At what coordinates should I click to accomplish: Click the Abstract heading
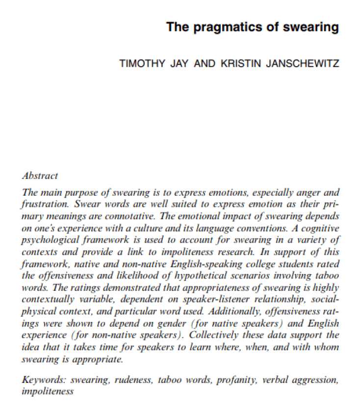click(40, 176)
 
